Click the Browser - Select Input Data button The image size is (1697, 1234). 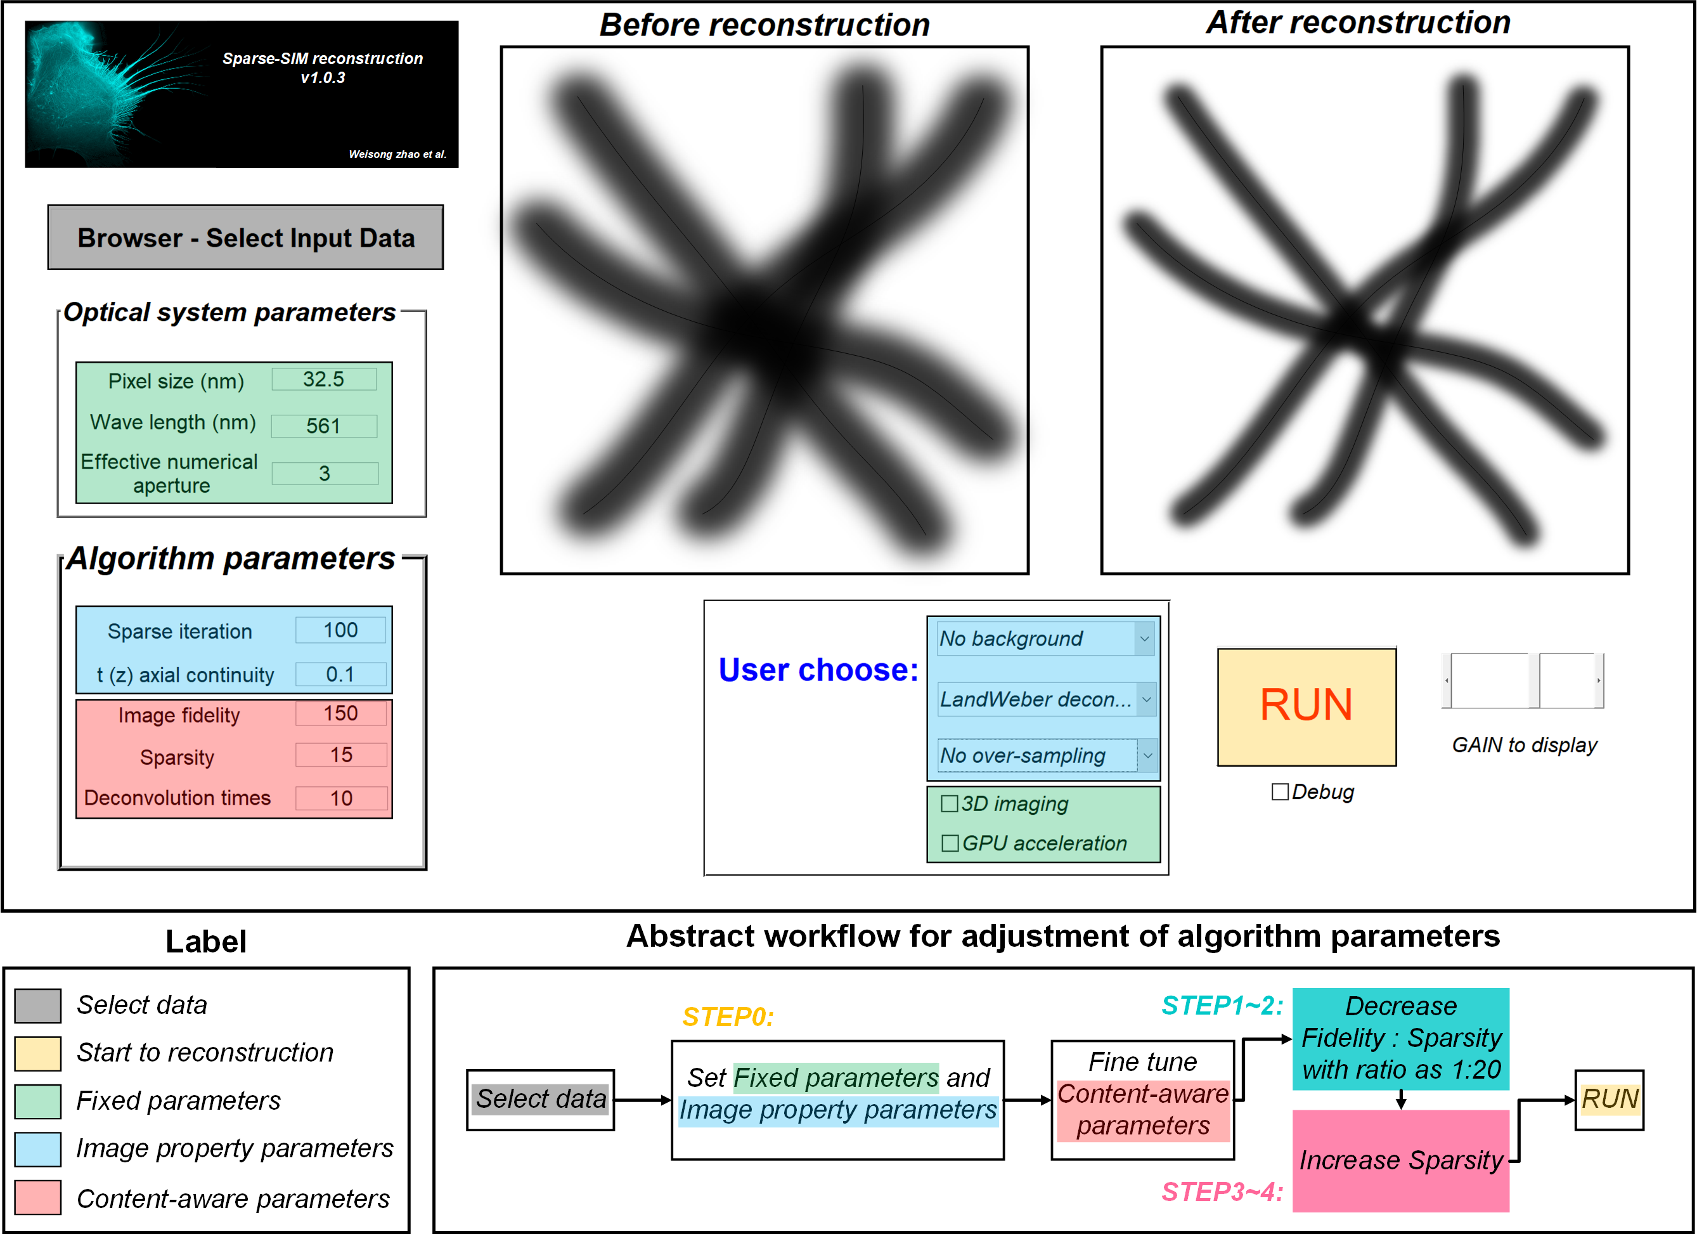[x=245, y=237]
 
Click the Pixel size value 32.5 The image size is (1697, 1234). [x=324, y=379]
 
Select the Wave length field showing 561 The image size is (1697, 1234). [x=324, y=425]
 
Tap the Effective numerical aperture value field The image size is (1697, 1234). [x=325, y=473]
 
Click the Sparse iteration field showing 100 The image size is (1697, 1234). [x=340, y=630]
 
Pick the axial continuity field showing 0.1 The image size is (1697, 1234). [x=340, y=674]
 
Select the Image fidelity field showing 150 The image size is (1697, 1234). [x=341, y=713]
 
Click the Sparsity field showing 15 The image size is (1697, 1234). [x=341, y=755]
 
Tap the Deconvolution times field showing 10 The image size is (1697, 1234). [x=341, y=798]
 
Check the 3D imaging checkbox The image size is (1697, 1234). [x=950, y=803]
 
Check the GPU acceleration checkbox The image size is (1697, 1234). [x=950, y=843]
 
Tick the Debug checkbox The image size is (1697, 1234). [x=1279, y=792]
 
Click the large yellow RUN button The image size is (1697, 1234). [x=1307, y=706]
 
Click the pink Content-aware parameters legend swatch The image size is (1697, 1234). [x=38, y=1197]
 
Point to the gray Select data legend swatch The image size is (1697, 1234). [x=38, y=1005]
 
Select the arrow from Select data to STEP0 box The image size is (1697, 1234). [x=643, y=1100]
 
